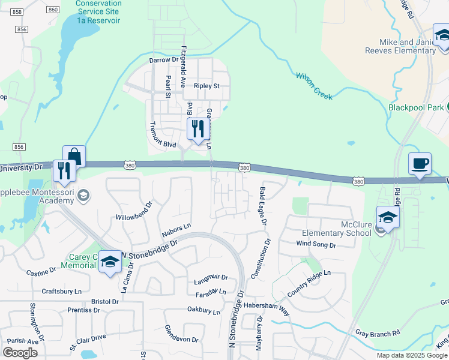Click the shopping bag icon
pos(74,157)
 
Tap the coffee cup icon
pos(420,164)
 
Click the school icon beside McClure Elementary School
pos(388,218)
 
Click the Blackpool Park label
pos(415,107)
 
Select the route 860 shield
pos(53,9)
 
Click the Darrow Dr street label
pos(164,60)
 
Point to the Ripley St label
pos(206,86)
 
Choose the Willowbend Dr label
pos(134,211)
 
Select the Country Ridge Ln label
pos(309,284)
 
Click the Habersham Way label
pos(267,304)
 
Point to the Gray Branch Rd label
pos(378,333)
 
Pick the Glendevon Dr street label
pos(181,335)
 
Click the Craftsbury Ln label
pos(61,291)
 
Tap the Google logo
pos(20,353)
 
